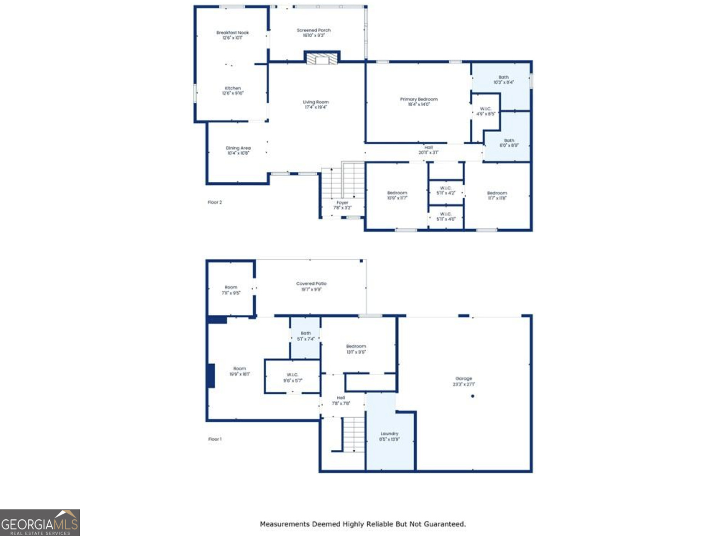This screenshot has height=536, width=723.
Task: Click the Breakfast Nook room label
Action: tap(232, 33)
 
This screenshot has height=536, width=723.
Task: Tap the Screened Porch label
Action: tap(313, 31)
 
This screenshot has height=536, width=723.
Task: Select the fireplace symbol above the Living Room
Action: tap(322, 59)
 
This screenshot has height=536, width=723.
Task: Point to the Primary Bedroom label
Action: tap(419, 99)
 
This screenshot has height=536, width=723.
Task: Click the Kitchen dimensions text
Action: tap(232, 93)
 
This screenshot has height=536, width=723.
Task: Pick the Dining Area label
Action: tap(238, 148)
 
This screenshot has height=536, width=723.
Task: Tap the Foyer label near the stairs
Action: tap(342, 203)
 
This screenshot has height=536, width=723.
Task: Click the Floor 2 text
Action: tap(215, 202)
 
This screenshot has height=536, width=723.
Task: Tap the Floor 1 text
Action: tap(215, 439)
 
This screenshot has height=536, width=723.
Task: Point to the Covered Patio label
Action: tap(311, 283)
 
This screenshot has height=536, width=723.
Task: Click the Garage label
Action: tap(464, 378)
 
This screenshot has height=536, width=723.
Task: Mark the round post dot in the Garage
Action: tap(473, 396)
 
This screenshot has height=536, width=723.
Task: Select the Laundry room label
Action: tap(389, 434)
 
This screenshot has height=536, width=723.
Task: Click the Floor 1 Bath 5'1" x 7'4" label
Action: tap(305, 333)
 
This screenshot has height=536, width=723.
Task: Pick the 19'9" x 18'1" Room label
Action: tap(239, 369)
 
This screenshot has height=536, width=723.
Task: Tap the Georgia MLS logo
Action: tap(40, 523)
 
